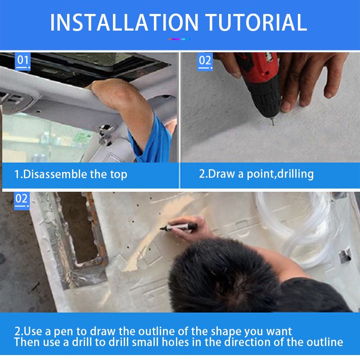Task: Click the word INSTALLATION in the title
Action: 124,22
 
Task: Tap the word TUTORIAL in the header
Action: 256,22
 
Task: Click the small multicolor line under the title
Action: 179,39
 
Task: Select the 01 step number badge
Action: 23,61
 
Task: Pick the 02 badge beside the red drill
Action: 205,62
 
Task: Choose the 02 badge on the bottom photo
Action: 22,200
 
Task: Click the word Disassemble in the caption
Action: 55,174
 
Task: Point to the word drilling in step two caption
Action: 295,174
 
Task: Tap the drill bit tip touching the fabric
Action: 273,124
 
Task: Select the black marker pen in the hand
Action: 179,227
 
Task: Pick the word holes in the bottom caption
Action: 175,342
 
